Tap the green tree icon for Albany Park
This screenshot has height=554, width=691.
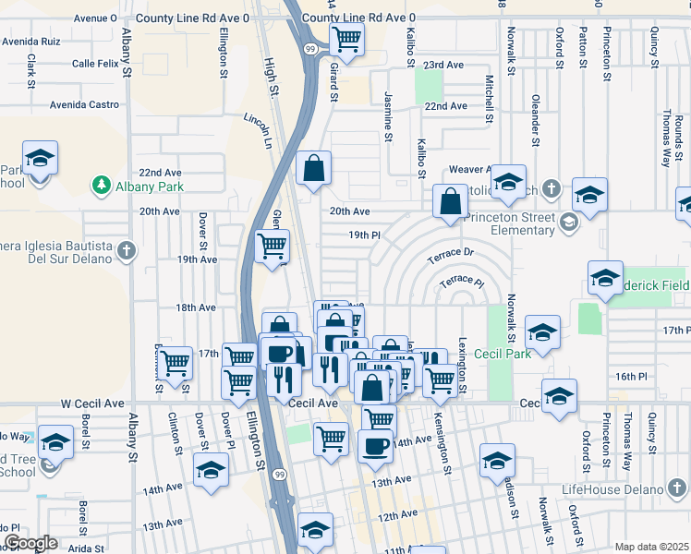pyautogui.click(x=101, y=187)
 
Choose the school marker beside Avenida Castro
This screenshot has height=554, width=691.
pyautogui.click(x=40, y=159)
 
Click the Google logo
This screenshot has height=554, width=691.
pyautogui.click(x=30, y=543)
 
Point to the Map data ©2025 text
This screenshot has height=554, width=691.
pyautogui.click(x=651, y=547)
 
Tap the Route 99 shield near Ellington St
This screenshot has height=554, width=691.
pyautogui.click(x=278, y=475)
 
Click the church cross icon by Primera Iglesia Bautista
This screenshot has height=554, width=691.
pyautogui.click(x=127, y=250)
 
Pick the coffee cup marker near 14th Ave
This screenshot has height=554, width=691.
pyautogui.click(x=375, y=446)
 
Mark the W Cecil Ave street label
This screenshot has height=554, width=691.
pyautogui.click(x=92, y=403)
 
